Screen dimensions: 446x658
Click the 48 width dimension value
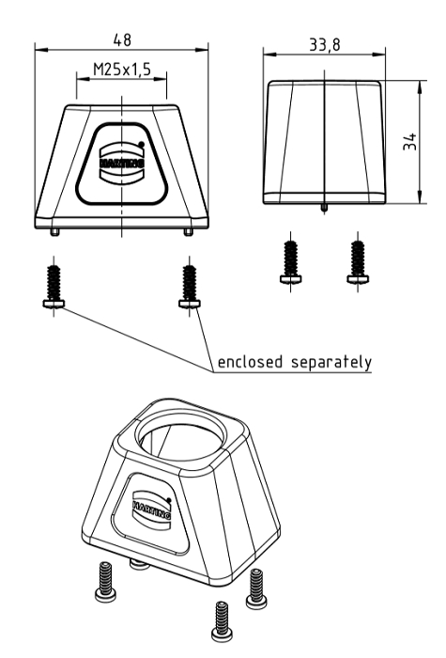(x=122, y=39)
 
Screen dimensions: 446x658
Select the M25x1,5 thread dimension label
(x=121, y=70)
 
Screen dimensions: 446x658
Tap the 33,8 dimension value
(x=325, y=44)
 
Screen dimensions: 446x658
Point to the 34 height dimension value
(x=410, y=141)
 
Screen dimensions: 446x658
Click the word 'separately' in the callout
(x=331, y=363)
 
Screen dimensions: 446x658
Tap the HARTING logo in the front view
(x=121, y=163)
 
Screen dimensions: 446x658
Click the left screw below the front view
(x=54, y=288)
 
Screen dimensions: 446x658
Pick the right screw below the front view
(x=190, y=288)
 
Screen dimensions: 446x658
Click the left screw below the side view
(x=291, y=263)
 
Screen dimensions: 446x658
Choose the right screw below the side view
(x=358, y=263)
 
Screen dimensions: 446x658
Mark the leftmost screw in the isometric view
(x=105, y=582)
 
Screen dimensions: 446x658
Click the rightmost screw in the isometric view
(x=256, y=588)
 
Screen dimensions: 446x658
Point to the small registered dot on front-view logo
(x=141, y=145)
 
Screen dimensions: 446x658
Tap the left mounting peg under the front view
(x=54, y=232)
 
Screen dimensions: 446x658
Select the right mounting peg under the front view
(x=188, y=232)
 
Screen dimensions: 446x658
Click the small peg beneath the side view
(x=324, y=208)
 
